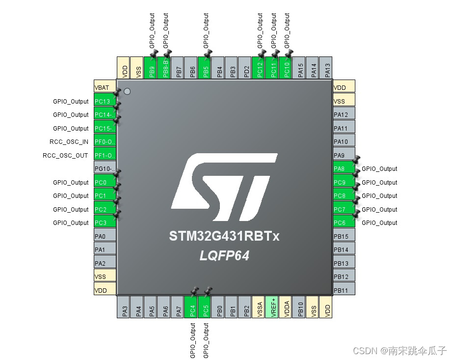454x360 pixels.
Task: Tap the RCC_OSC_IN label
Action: [x=69, y=142]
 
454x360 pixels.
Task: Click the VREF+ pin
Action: [x=271, y=307]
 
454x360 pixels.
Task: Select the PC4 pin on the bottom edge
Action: [x=192, y=307]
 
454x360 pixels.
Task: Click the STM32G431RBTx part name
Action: [x=224, y=236]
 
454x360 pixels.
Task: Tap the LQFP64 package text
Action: [x=224, y=256]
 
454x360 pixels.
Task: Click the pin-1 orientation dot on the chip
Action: [x=127, y=91]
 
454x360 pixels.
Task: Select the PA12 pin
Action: [x=344, y=115]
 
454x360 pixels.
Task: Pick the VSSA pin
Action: [x=258, y=307]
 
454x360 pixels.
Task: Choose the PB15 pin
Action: [x=344, y=236]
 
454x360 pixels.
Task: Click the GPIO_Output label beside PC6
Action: [x=379, y=223]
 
